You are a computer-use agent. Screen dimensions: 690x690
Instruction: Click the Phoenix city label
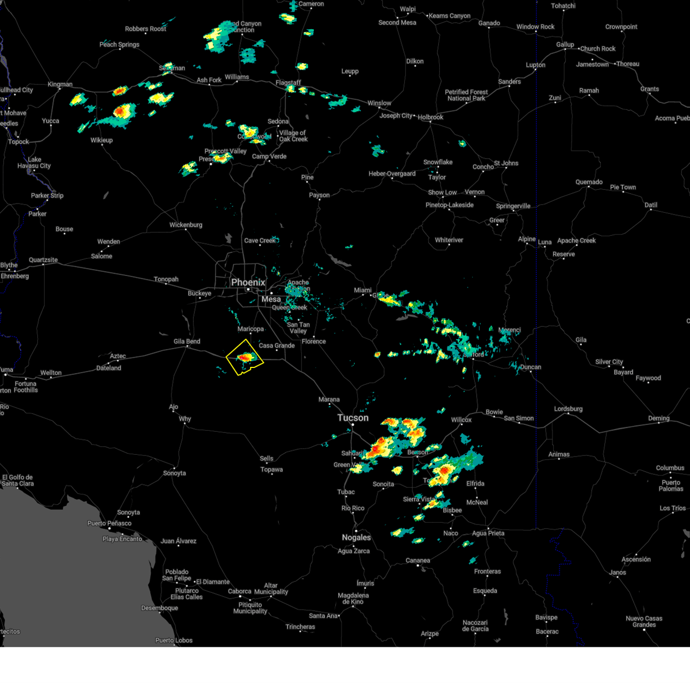[248, 282]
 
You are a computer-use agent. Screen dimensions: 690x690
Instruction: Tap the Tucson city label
[353, 417]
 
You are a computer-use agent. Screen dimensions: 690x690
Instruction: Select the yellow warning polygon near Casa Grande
[245, 358]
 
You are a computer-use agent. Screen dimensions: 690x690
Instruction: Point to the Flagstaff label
[288, 83]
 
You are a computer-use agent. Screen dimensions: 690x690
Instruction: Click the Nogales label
[356, 538]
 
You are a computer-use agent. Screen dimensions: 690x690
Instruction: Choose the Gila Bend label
[187, 342]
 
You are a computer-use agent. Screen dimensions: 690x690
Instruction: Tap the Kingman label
[60, 85]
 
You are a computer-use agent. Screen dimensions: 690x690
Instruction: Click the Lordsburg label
[568, 409]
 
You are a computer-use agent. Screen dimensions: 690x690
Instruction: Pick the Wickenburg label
[186, 225]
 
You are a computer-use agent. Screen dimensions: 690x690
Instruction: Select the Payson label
[319, 195]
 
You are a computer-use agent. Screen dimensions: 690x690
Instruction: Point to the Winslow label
[379, 103]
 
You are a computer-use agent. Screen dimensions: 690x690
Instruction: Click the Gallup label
[565, 44]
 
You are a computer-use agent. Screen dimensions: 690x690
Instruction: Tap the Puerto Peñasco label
[109, 523]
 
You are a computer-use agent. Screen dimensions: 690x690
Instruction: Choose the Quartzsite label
[43, 260]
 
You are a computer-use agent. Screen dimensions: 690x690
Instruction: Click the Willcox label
[461, 420]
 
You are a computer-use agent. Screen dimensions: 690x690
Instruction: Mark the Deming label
[659, 419]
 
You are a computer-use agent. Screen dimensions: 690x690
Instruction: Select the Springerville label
[513, 206]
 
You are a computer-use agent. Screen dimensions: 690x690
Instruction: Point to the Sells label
[266, 458]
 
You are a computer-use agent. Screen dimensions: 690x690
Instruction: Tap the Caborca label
[239, 591]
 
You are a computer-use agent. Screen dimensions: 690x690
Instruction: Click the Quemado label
[589, 182]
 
